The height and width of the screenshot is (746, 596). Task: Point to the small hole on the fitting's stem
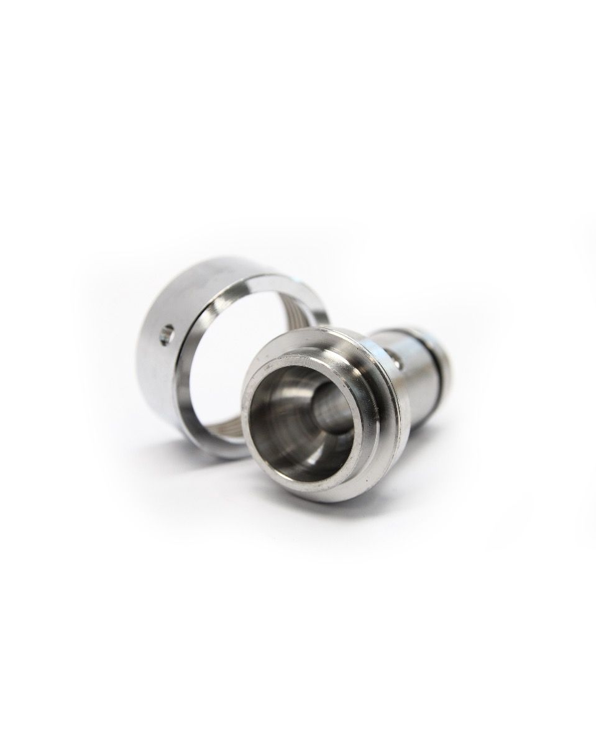pyautogui.click(x=396, y=357)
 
